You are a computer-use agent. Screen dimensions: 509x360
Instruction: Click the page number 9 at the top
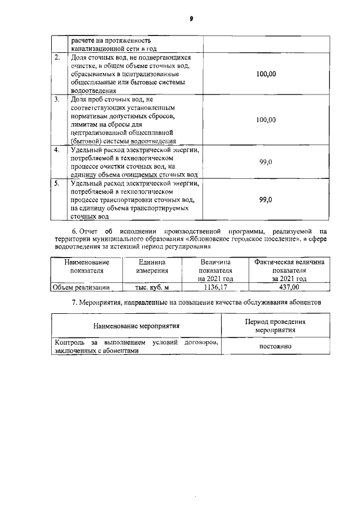[191, 19]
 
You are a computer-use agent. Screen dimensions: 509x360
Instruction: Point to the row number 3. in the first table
[57, 100]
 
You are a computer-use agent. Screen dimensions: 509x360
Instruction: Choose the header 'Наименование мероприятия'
[136, 326]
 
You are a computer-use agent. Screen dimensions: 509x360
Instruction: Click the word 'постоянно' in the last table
[275, 346]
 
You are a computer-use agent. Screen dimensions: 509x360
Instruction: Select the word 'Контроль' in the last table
[68, 343]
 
